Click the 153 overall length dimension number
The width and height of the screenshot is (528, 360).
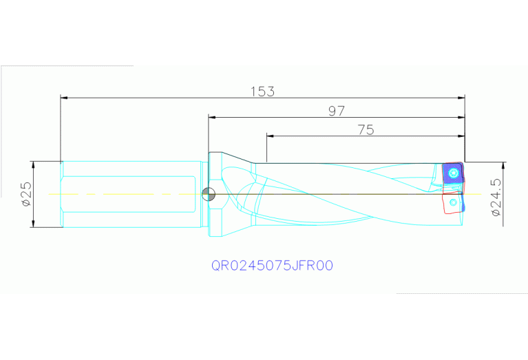(262, 91)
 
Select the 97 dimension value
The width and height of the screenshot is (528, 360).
(336, 110)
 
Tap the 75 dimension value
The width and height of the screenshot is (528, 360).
(366, 129)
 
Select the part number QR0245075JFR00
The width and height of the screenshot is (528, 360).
(273, 265)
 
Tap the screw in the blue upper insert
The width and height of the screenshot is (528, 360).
(454, 173)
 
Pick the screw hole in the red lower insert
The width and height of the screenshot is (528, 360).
(452, 203)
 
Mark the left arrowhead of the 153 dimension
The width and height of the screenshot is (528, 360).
(65, 98)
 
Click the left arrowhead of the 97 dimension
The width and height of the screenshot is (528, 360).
(213, 117)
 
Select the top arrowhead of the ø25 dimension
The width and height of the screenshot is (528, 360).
(34, 165)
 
